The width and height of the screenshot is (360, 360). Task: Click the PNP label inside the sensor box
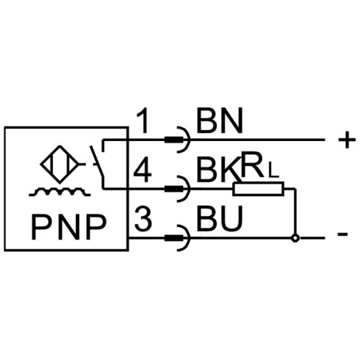tap(69, 227)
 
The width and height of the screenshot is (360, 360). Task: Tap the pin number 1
tap(143, 120)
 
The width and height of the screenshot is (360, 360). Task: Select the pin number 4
tap(143, 170)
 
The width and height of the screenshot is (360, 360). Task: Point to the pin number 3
tap(143, 219)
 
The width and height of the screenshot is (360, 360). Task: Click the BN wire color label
tap(220, 120)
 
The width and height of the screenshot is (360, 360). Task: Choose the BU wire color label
tap(220, 219)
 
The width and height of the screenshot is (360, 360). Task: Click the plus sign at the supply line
tap(347, 140)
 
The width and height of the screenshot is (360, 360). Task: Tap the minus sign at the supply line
tap(342, 234)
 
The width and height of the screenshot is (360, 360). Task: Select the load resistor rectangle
tap(259, 189)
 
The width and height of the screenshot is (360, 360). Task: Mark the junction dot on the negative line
tap(295, 238)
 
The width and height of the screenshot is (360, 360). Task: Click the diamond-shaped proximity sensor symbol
tap(60, 164)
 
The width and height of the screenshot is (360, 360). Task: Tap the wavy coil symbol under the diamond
tap(60, 192)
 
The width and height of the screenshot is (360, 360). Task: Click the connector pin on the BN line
tap(174, 140)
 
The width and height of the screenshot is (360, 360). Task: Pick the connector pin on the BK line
tap(174, 189)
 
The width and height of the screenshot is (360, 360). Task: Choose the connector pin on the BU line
tap(174, 238)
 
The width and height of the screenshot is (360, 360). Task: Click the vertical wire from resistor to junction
tap(295, 211)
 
